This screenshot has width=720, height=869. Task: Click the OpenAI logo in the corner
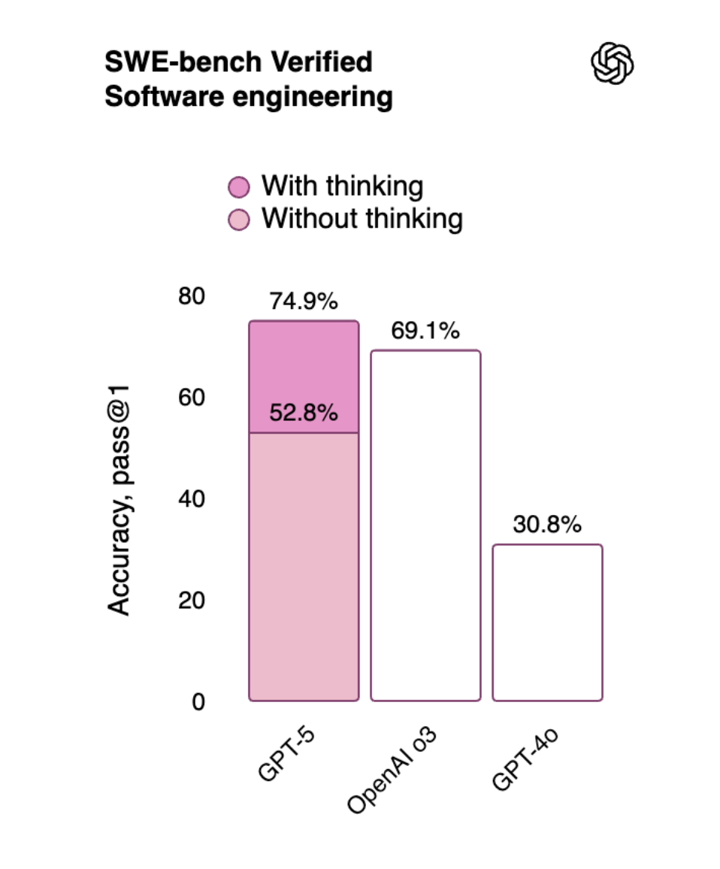point(613,62)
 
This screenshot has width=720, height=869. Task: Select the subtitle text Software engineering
point(248,98)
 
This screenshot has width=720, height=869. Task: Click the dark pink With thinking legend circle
point(238,186)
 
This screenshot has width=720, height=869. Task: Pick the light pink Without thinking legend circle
point(238,220)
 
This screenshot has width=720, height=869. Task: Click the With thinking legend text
point(342,186)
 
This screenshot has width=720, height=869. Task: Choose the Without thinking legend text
point(362,220)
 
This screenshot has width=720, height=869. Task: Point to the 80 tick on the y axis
point(191,296)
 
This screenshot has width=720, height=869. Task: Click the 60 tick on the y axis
point(191,398)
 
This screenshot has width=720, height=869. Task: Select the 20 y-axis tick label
point(191,601)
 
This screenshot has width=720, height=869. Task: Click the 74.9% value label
point(303,302)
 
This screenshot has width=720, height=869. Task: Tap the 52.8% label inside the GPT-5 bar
point(303,413)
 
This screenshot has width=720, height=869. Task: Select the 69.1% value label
point(425,332)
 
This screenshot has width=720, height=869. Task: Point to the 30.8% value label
point(546,525)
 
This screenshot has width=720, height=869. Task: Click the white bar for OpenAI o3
point(425,526)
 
